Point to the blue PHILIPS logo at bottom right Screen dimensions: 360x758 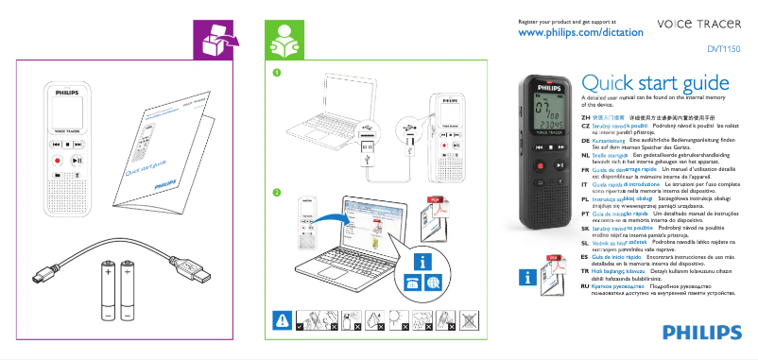pos(702,331)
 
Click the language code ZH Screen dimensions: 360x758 pos(585,116)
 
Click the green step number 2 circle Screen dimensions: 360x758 pos(276,193)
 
